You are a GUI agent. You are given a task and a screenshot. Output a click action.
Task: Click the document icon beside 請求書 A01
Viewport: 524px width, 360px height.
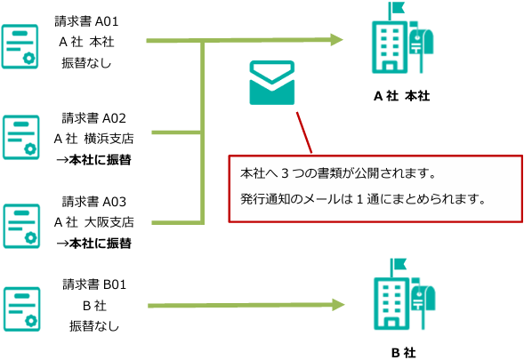[x=20, y=46]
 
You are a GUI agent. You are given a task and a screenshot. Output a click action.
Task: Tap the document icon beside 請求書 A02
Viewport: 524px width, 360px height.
[x=21, y=137]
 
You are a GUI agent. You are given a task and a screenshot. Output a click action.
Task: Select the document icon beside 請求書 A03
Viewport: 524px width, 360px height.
[x=21, y=226]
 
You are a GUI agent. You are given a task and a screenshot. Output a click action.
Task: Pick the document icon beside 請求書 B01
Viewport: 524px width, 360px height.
[x=22, y=309]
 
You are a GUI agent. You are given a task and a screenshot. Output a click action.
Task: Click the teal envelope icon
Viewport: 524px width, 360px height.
[x=272, y=83]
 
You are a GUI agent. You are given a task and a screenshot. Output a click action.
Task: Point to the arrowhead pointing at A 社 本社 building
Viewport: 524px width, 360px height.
[x=337, y=40]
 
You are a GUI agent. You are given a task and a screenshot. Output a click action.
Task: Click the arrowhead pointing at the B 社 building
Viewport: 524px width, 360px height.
[x=338, y=305]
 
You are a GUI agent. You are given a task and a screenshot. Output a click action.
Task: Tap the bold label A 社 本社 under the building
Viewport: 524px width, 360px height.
[x=402, y=96]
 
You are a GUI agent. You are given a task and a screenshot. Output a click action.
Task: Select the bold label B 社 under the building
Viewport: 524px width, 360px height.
[x=403, y=353]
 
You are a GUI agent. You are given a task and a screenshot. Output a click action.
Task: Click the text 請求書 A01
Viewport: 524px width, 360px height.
[x=86, y=21]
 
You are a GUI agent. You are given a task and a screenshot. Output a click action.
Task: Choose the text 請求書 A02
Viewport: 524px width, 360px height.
[x=94, y=118]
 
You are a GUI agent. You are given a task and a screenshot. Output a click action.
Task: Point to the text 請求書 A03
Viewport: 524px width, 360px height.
[x=94, y=202]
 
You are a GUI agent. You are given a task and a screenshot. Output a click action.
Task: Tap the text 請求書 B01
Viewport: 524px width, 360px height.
[x=94, y=284]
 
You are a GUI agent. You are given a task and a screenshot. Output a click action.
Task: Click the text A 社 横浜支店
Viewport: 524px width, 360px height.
[x=94, y=139]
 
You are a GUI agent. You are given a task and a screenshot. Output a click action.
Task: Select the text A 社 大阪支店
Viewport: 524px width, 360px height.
[x=94, y=222]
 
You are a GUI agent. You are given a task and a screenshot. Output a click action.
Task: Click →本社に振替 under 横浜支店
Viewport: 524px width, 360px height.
[x=94, y=160]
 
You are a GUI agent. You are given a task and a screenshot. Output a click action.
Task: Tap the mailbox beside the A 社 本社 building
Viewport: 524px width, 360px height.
[x=422, y=47]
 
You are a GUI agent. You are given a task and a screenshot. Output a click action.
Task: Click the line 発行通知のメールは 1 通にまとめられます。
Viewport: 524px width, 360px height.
[x=363, y=199]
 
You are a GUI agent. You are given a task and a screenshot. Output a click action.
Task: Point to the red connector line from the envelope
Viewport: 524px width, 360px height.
[x=304, y=132]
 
